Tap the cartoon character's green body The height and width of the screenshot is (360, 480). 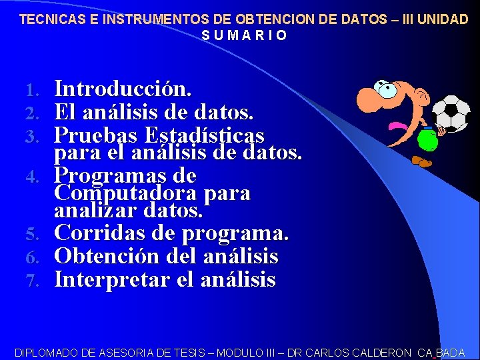427,140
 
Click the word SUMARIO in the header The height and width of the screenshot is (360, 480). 244,35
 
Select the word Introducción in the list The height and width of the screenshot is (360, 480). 123,89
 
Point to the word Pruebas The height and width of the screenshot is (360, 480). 95,135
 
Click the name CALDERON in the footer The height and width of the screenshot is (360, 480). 376,353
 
